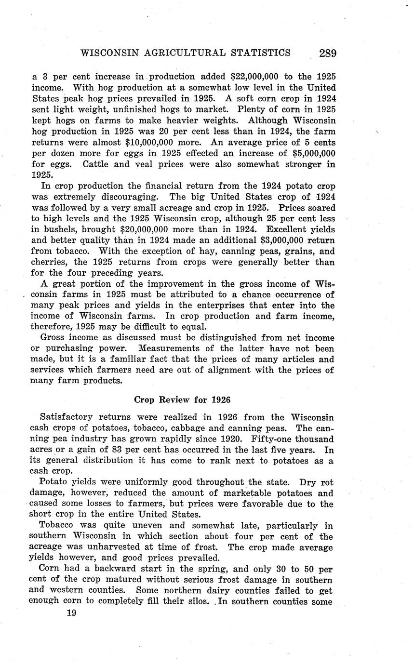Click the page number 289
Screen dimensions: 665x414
[x=327, y=53]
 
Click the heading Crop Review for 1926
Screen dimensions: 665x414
[x=182, y=399]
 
